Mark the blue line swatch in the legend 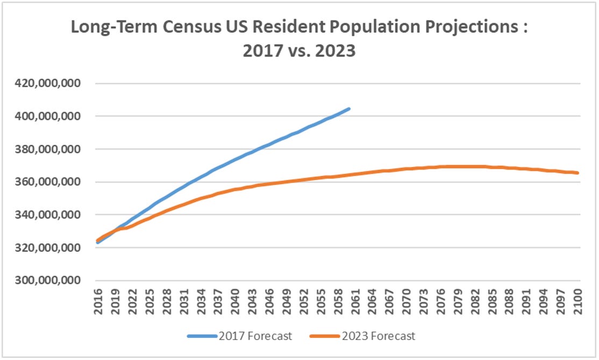coord(202,336)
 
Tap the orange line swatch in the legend coord(325,336)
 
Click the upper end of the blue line coord(350,109)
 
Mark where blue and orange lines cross coord(112,231)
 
